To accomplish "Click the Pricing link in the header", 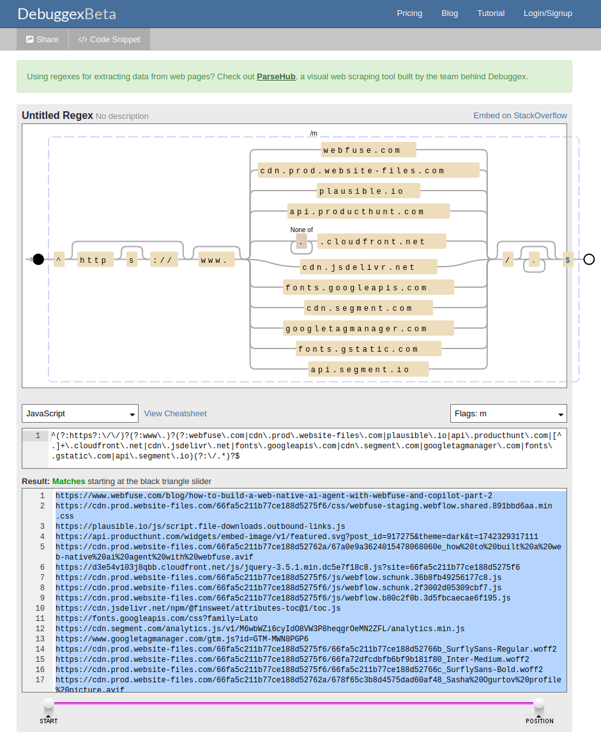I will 409,13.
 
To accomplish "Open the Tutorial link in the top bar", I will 491,13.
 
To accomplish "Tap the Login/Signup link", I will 547,13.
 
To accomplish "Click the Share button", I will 42,40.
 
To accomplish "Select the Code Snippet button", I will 109,40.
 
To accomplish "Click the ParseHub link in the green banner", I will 276,77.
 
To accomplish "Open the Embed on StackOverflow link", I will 520,116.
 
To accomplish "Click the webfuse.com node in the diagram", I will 369,150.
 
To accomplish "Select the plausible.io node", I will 369,191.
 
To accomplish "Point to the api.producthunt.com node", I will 369,212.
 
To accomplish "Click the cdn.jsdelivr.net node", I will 369,267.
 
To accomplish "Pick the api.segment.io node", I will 369,370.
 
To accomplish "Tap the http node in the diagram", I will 95,260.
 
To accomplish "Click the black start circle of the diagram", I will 38,259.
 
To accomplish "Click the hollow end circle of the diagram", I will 589,259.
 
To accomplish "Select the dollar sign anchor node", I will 568,260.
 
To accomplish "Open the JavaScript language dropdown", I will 80,414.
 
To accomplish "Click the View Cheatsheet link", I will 176,414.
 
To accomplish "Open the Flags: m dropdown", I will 508,414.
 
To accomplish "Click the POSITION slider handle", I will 539,705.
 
